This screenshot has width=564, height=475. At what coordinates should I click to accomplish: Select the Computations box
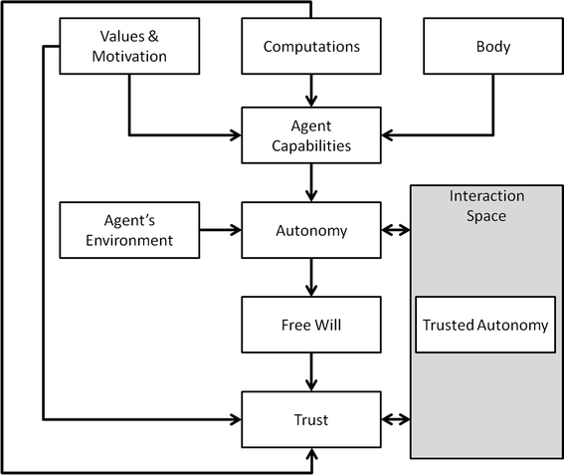coord(311,47)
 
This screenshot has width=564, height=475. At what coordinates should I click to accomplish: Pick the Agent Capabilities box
coord(311,135)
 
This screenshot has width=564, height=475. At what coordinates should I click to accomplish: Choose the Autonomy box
coord(311,230)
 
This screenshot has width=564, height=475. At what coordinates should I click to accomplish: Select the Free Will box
coord(311,325)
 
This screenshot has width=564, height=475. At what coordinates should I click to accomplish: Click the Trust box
coord(311,420)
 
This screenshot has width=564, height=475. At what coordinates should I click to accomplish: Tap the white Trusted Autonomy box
coord(485,325)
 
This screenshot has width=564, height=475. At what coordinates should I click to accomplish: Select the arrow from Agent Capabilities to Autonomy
coord(311,183)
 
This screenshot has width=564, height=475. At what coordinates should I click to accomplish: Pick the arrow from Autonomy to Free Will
coord(311,278)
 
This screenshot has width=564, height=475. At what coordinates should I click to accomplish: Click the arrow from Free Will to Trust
coord(311,372)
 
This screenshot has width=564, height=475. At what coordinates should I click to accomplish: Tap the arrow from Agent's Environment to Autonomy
coord(221,230)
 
